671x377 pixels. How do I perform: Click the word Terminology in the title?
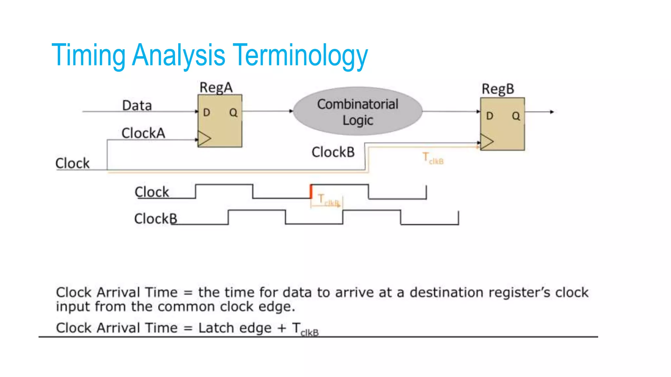coord(301,55)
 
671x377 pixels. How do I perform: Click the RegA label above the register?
coord(216,88)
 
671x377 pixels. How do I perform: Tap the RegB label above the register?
coord(498,89)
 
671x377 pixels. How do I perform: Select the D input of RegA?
coord(206,113)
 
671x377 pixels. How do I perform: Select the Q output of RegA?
coord(233,113)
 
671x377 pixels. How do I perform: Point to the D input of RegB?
coord(489,116)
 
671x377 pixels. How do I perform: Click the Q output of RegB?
coord(516,116)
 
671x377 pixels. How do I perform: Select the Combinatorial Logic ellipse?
coord(357,111)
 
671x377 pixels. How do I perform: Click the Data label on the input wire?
coord(137,106)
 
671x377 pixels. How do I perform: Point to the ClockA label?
coord(143,133)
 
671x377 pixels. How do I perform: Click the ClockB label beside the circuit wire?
coord(333,152)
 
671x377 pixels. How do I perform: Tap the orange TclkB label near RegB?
coord(432,158)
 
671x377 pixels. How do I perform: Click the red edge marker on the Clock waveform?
coord(311,191)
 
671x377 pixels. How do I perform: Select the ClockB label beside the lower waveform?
coord(155,219)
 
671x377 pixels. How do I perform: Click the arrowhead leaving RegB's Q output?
coord(552,112)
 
